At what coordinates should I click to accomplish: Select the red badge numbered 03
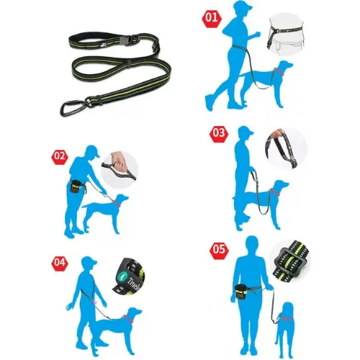[x=218, y=133]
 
